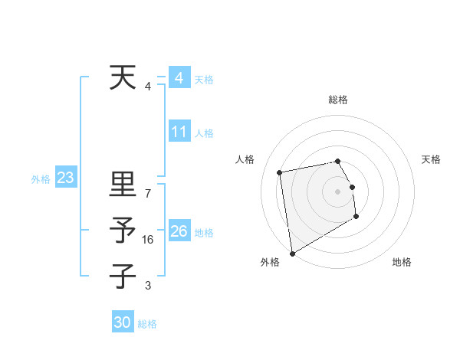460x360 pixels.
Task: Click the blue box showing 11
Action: click(x=179, y=132)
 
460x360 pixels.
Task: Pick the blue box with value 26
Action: click(x=179, y=231)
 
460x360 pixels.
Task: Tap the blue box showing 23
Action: click(x=65, y=178)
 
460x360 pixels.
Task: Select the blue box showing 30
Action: click(x=123, y=322)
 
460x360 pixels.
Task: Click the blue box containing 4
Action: click(x=179, y=78)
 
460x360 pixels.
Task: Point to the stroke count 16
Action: click(x=149, y=240)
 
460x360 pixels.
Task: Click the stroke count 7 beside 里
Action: click(x=148, y=194)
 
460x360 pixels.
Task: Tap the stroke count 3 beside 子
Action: click(x=148, y=286)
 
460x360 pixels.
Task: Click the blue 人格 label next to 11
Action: click(x=204, y=133)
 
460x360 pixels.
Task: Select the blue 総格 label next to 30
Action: click(x=148, y=324)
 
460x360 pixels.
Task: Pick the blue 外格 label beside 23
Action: click(x=41, y=179)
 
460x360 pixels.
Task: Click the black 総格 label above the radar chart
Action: click(x=337, y=100)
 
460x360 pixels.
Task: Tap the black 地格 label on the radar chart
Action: click(x=402, y=262)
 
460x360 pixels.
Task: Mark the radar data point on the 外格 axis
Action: click(x=292, y=253)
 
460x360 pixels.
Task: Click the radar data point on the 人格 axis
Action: click(x=280, y=172)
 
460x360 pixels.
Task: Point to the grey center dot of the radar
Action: click(x=337, y=191)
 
